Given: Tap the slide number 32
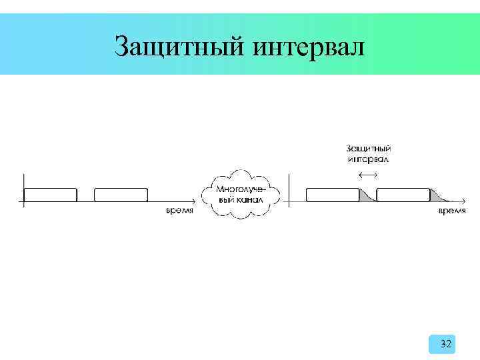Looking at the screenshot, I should click(446, 344).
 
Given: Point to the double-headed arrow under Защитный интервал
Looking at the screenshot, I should click(367, 174).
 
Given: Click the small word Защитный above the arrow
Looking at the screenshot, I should click(368, 149).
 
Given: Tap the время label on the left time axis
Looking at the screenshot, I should click(179, 211).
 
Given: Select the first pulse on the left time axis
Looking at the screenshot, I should click(50, 195).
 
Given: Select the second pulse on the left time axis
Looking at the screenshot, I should click(121, 195).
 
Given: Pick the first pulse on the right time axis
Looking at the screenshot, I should click(333, 195).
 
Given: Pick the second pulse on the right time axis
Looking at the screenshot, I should click(403, 195).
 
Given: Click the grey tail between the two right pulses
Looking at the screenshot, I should click(366, 197).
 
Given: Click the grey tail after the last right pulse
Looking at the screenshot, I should click(437, 197).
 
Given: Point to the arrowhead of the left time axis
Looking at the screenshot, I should click(194, 201).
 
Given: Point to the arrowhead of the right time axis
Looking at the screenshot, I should click(465, 201).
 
